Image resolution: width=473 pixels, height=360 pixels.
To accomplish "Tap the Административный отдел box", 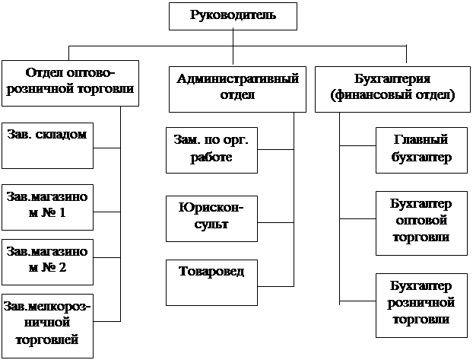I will click(x=237, y=88).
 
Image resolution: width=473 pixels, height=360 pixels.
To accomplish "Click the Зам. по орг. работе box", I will click(x=211, y=150).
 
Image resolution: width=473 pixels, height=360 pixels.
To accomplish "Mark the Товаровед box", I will click(x=211, y=282).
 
